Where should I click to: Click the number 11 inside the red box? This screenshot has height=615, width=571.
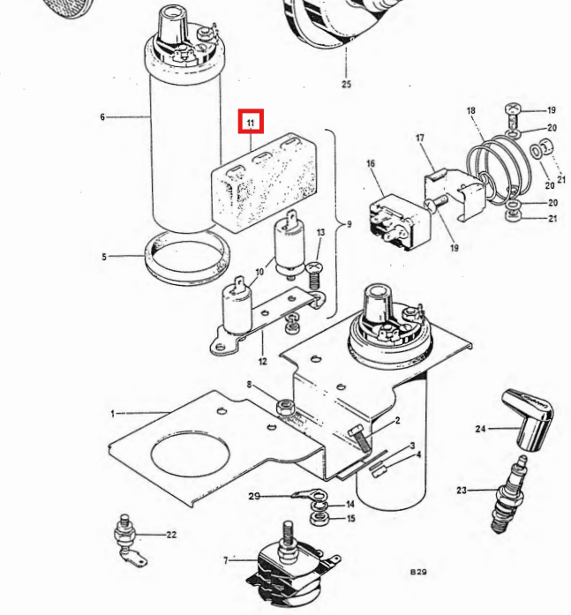(x=251, y=123)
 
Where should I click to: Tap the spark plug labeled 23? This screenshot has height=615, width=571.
(x=509, y=494)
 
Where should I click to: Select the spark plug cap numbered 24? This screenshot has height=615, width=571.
(x=529, y=420)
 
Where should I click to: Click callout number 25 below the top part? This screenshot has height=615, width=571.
(x=346, y=84)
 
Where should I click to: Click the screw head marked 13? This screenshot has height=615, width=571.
(x=313, y=268)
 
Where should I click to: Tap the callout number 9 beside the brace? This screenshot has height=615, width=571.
(x=349, y=224)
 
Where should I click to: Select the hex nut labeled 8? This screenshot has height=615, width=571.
(x=285, y=407)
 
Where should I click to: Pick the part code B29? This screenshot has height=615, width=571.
(x=418, y=572)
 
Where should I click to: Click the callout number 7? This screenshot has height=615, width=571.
(x=226, y=560)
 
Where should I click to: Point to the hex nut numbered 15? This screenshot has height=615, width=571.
(x=319, y=519)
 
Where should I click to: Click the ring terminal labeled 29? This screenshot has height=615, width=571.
(x=309, y=494)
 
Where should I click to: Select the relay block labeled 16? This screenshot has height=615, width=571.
(x=399, y=222)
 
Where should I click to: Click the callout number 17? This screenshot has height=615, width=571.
(x=420, y=138)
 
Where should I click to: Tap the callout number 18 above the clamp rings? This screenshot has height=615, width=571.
(x=471, y=110)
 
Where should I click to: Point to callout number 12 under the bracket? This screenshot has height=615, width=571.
(x=263, y=361)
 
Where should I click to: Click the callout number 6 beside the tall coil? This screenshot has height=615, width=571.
(x=102, y=116)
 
